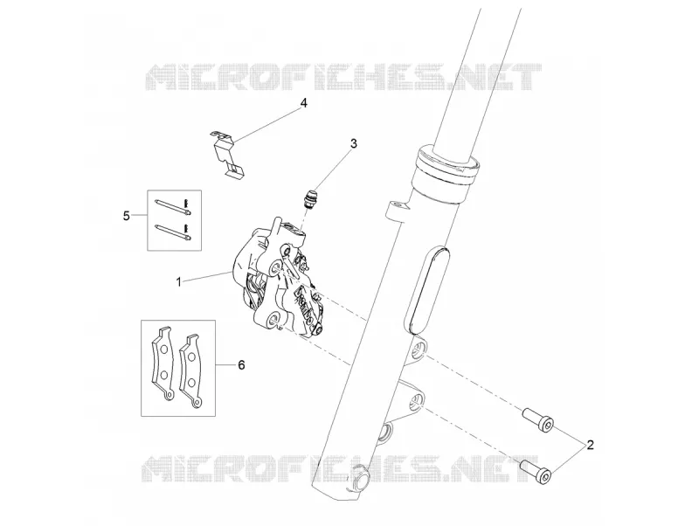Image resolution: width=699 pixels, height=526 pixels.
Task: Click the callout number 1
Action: coord(179,281)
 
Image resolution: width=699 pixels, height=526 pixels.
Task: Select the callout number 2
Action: coord(591,445)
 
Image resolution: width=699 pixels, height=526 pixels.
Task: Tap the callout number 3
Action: coord(354,143)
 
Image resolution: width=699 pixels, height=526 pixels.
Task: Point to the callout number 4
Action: coord(303,103)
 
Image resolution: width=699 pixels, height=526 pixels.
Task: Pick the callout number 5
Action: coord(127,216)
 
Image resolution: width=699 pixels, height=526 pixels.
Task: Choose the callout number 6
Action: coord(241,365)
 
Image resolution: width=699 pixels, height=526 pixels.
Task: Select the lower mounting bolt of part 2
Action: coord(536,473)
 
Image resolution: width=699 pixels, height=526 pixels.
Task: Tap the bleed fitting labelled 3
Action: coord(310,198)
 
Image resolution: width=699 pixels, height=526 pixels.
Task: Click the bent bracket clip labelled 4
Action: coord(226,153)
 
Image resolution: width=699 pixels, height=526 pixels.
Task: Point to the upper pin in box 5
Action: coord(174,206)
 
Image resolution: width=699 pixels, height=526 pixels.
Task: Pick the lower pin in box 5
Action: coord(174,232)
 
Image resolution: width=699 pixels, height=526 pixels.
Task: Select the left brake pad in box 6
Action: coord(163,363)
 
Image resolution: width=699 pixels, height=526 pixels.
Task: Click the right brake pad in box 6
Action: coord(190,370)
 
